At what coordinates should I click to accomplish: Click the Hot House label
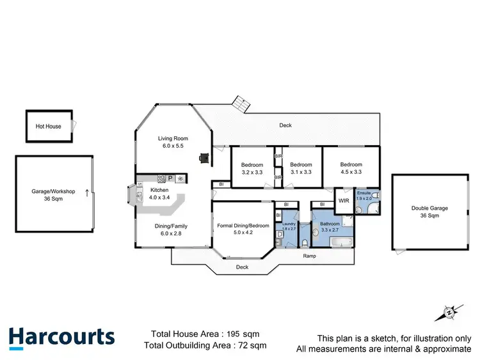[x=49, y=127]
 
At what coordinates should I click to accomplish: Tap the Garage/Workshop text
[x=54, y=191]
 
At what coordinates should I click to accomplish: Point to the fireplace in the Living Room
[x=204, y=157]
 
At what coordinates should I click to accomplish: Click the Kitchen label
[x=159, y=191]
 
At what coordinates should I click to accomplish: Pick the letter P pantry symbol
[x=170, y=178]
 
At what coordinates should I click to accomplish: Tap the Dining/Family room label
[x=172, y=226]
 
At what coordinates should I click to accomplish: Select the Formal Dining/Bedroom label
[x=243, y=226]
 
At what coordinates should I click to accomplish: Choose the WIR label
[x=344, y=200]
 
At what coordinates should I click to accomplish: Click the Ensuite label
[x=364, y=192]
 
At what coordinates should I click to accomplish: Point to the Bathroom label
[x=330, y=224]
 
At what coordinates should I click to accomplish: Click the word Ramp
[x=310, y=256]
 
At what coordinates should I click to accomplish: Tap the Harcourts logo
[x=61, y=338]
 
